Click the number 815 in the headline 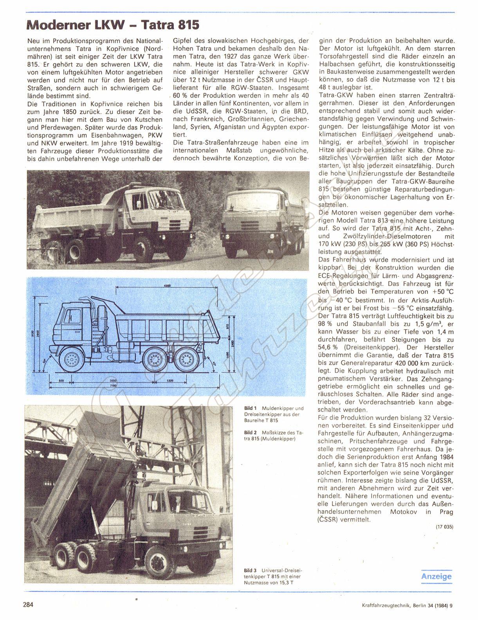coord(186,25)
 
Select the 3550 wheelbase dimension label coord(114,380)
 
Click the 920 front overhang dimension coord(61,380)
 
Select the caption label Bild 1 coord(250,408)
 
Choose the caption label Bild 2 coord(250,433)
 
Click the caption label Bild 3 coord(250,570)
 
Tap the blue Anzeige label coord(436,576)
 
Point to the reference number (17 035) coord(444,527)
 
